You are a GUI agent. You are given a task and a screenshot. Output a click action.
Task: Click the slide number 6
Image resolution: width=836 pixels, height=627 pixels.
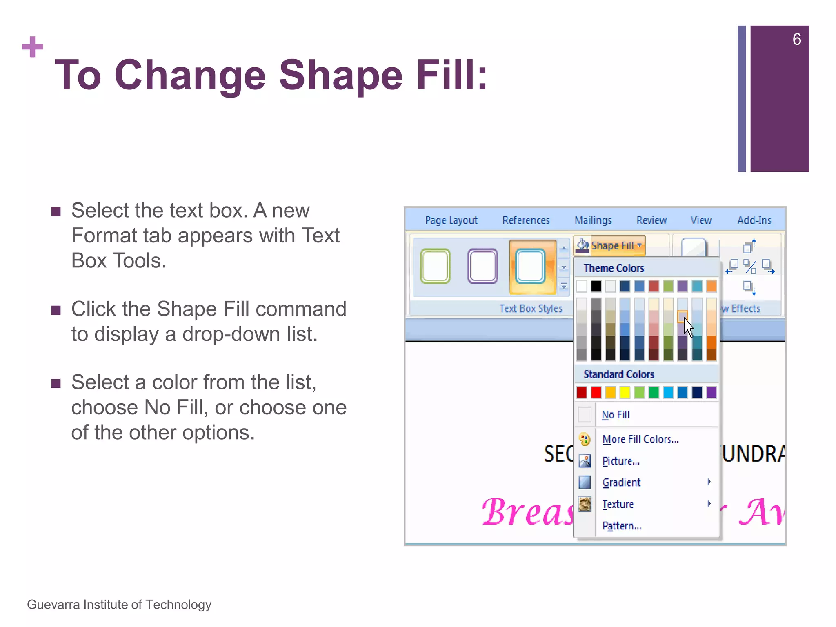pos(796,40)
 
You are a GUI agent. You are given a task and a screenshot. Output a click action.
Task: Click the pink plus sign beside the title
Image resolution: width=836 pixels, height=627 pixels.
pos(33,47)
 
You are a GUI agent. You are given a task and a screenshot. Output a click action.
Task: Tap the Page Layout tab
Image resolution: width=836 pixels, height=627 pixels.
pos(451,220)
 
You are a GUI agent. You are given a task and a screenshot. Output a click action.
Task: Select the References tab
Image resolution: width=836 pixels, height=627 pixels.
pos(526,220)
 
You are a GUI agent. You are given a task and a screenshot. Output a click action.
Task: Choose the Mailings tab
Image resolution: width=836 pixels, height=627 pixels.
pos(593,220)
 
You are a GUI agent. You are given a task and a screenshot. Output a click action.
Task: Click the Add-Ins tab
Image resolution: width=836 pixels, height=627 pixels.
pos(754,220)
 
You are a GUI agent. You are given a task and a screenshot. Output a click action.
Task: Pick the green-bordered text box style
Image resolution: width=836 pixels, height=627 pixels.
pos(435,266)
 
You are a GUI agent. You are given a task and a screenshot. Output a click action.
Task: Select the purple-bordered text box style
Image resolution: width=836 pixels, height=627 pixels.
pos(482,266)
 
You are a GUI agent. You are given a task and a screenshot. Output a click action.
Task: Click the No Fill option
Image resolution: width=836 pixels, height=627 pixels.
pos(616,415)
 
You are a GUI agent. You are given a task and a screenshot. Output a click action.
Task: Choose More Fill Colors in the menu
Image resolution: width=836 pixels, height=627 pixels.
pos(640,439)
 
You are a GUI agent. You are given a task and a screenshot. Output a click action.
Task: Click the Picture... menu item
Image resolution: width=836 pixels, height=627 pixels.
pos(620,461)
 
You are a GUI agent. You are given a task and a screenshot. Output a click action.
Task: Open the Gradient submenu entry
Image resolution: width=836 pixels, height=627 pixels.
pos(621,482)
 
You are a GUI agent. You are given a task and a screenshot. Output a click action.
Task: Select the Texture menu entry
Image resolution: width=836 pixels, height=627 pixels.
pos(618,504)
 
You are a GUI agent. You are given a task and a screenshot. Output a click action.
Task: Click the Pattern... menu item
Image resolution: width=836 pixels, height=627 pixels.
pos(621,526)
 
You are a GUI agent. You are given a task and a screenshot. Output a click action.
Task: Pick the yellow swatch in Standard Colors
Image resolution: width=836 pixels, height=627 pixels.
pos(625,393)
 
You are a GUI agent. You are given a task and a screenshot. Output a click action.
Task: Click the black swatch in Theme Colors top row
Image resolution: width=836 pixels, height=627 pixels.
pos(596,286)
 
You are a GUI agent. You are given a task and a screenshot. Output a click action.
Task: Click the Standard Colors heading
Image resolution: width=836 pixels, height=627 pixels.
pos(618,374)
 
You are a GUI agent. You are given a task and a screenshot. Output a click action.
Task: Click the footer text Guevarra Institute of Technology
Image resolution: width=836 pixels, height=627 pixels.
pos(119,605)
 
